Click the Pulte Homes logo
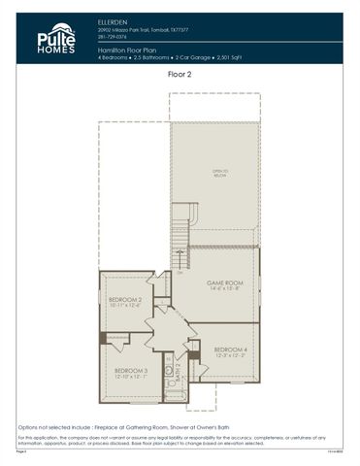(x=55, y=40)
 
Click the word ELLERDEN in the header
(x=114, y=20)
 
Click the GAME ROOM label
(x=224, y=283)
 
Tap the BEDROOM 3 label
(x=131, y=370)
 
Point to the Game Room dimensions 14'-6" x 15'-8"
(x=224, y=289)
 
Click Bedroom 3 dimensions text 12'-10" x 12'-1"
(x=131, y=377)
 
